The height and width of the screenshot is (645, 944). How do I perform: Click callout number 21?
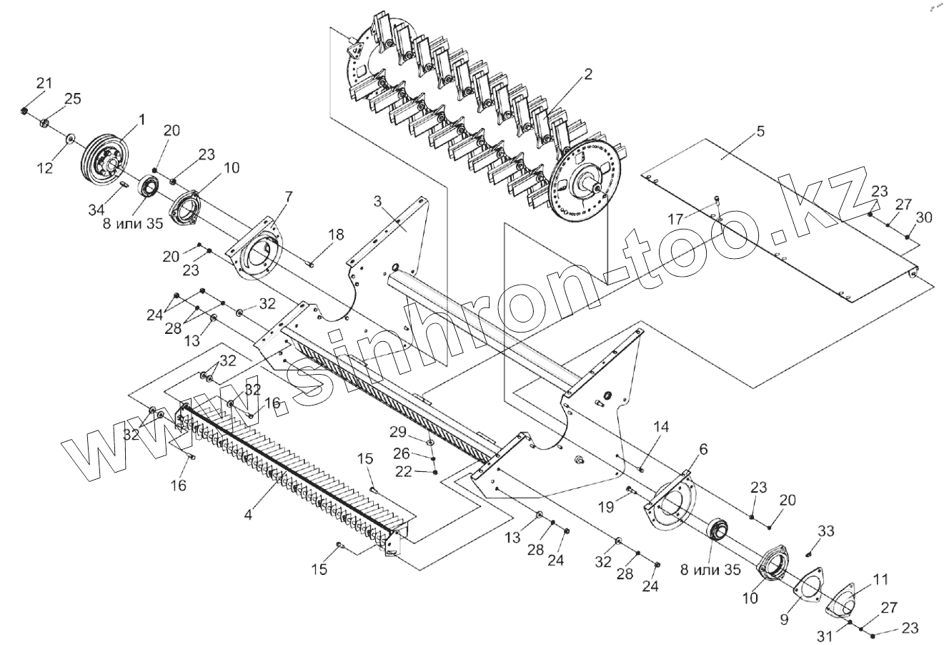(44, 84)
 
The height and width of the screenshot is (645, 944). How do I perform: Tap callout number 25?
(73, 98)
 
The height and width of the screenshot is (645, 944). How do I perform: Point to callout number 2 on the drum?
(587, 74)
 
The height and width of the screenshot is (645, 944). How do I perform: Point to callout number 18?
(336, 235)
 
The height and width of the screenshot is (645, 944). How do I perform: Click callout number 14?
(661, 427)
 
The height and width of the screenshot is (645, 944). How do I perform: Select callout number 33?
(825, 531)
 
